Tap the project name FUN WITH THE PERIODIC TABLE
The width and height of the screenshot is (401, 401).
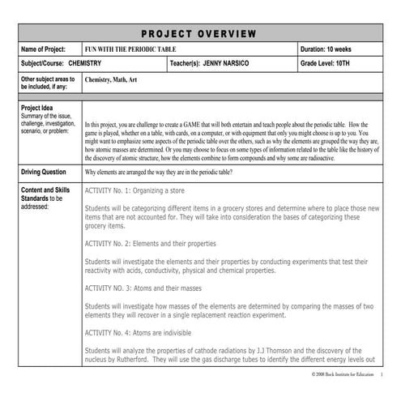point(133,49)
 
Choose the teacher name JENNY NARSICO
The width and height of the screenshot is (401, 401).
point(231,64)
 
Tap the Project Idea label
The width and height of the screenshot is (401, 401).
point(36,108)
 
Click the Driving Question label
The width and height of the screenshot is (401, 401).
point(44,173)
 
